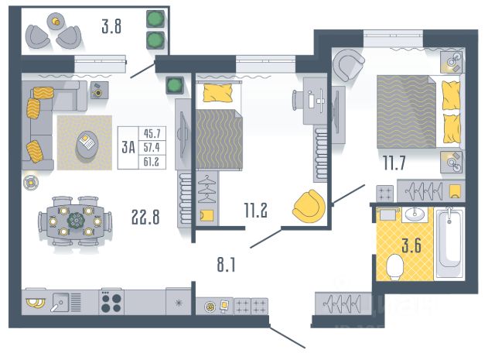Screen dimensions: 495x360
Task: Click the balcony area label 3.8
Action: [x=111, y=26]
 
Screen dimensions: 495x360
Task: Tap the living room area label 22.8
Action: [x=145, y=218]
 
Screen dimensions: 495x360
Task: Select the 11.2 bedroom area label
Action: [x=256, y=210]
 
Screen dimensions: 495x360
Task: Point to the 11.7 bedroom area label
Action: [x=394, y=163]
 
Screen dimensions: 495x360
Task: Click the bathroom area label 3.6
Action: [x=411, y=245]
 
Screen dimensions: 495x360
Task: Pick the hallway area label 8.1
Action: [x=226, y=265]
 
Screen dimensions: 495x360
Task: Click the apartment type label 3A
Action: [x=128, y=148]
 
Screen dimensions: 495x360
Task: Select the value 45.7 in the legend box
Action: [x=152, y=133]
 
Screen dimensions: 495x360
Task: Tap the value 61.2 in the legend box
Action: [x=152, y=162]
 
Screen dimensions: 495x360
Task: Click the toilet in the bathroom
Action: [x=395, y=267]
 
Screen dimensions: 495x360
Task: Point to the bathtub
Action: [x=449, y=243]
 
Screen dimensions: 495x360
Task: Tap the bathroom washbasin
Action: [x=415, y=214]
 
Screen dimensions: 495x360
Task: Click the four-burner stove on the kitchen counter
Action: [x=111, y=302]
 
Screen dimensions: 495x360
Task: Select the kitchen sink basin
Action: [x=60, y=303]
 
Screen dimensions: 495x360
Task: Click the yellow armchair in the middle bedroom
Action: [x=309, y=206]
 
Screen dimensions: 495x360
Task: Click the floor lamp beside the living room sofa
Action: [x=31, y=183]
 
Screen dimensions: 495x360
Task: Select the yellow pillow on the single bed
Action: [x=217, y=93]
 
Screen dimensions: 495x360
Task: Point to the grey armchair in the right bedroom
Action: [x=347, y=66]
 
